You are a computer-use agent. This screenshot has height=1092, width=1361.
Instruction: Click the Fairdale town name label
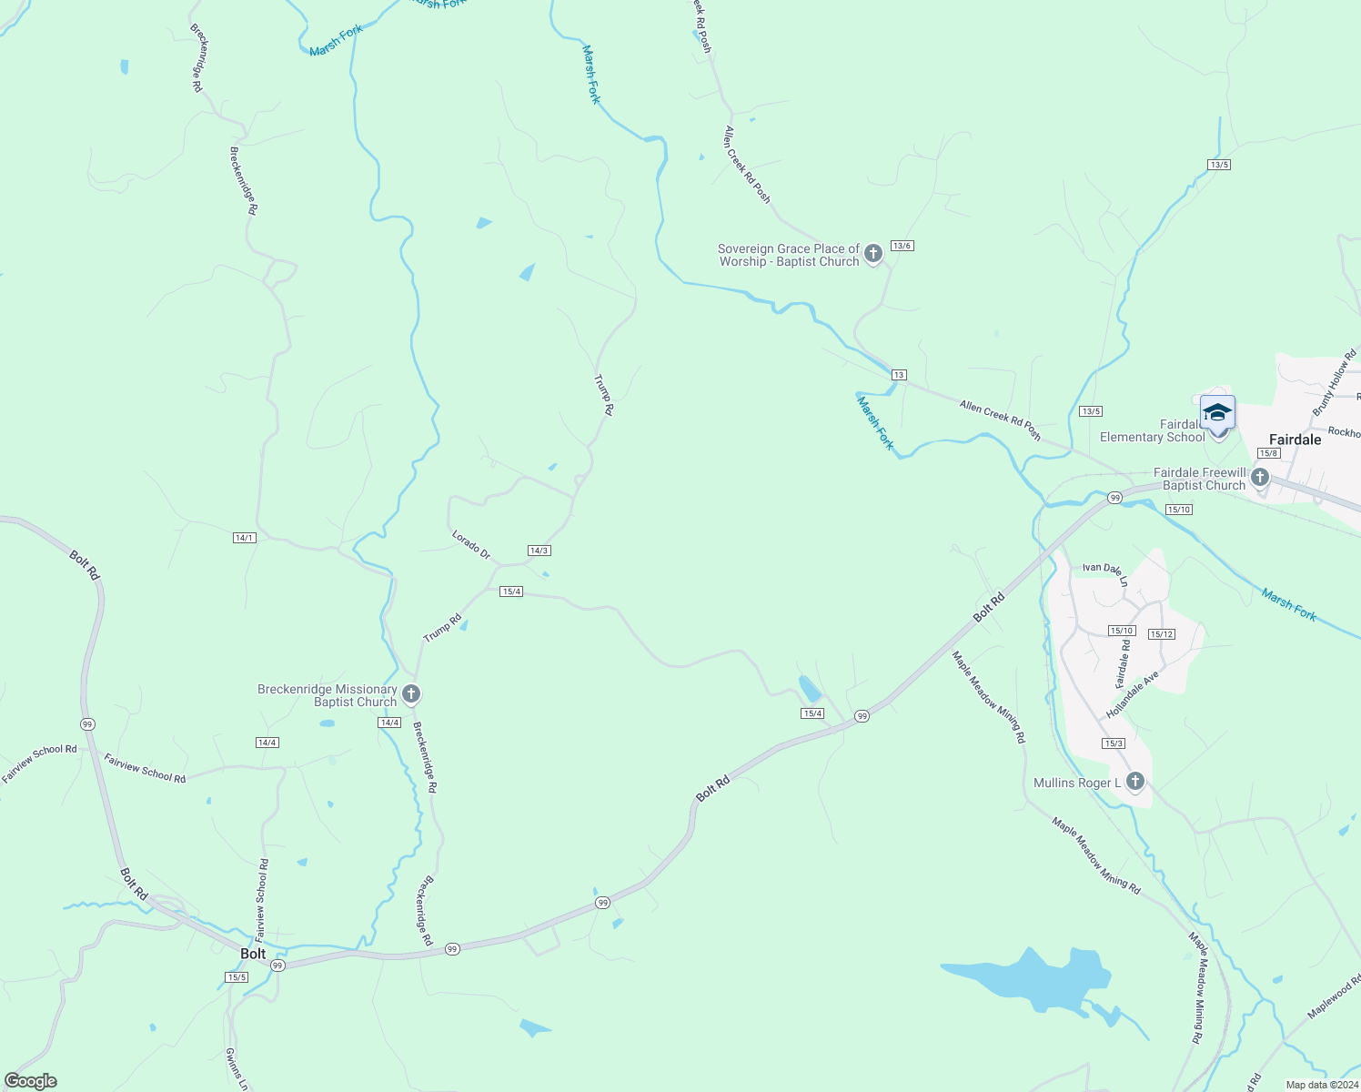[1295, 440]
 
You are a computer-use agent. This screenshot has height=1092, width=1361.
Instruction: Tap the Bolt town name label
[253, 954]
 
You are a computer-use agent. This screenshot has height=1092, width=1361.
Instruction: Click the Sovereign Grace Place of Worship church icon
[873, 254]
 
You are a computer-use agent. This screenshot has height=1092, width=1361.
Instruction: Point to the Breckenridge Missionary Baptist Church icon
[411, 695]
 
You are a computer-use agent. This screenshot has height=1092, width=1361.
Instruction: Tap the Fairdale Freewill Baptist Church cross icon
[1260, 477]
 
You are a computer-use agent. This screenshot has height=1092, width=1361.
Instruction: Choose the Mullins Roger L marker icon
[1135, 782]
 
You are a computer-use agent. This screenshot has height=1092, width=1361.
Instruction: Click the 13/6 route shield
[902, 246]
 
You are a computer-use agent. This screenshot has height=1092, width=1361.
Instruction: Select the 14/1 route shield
[244, 538]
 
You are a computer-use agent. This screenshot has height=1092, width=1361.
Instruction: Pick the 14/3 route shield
[539, 551]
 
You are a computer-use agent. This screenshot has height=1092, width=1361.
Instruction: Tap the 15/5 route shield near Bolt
[236, 977]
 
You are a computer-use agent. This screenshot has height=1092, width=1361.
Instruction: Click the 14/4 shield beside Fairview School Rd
[267, 743]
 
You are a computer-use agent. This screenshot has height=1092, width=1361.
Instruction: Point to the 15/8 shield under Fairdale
[1268, 453]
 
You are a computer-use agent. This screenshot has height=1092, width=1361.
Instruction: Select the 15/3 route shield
[1114, 743]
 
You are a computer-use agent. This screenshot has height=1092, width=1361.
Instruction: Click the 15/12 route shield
[1161, 634]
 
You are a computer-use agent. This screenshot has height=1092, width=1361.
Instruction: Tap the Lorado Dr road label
[471, 544]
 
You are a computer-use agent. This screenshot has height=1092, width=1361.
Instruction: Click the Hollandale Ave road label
[1133, 694]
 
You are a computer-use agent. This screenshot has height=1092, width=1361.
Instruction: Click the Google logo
[31, 1081]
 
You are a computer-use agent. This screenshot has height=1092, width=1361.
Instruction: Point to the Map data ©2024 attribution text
[1320, 1085]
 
